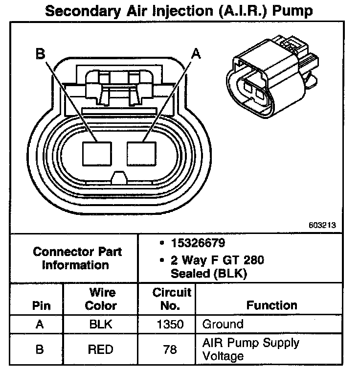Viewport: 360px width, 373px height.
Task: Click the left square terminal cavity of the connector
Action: tap(98, 153)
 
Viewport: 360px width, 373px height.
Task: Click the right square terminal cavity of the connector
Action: tap(142, 153)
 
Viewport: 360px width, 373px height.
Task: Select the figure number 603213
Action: tap(322, 226)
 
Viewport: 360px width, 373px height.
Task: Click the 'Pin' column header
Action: tap(41, 306)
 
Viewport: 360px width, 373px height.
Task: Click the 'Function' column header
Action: tap(271, 305)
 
